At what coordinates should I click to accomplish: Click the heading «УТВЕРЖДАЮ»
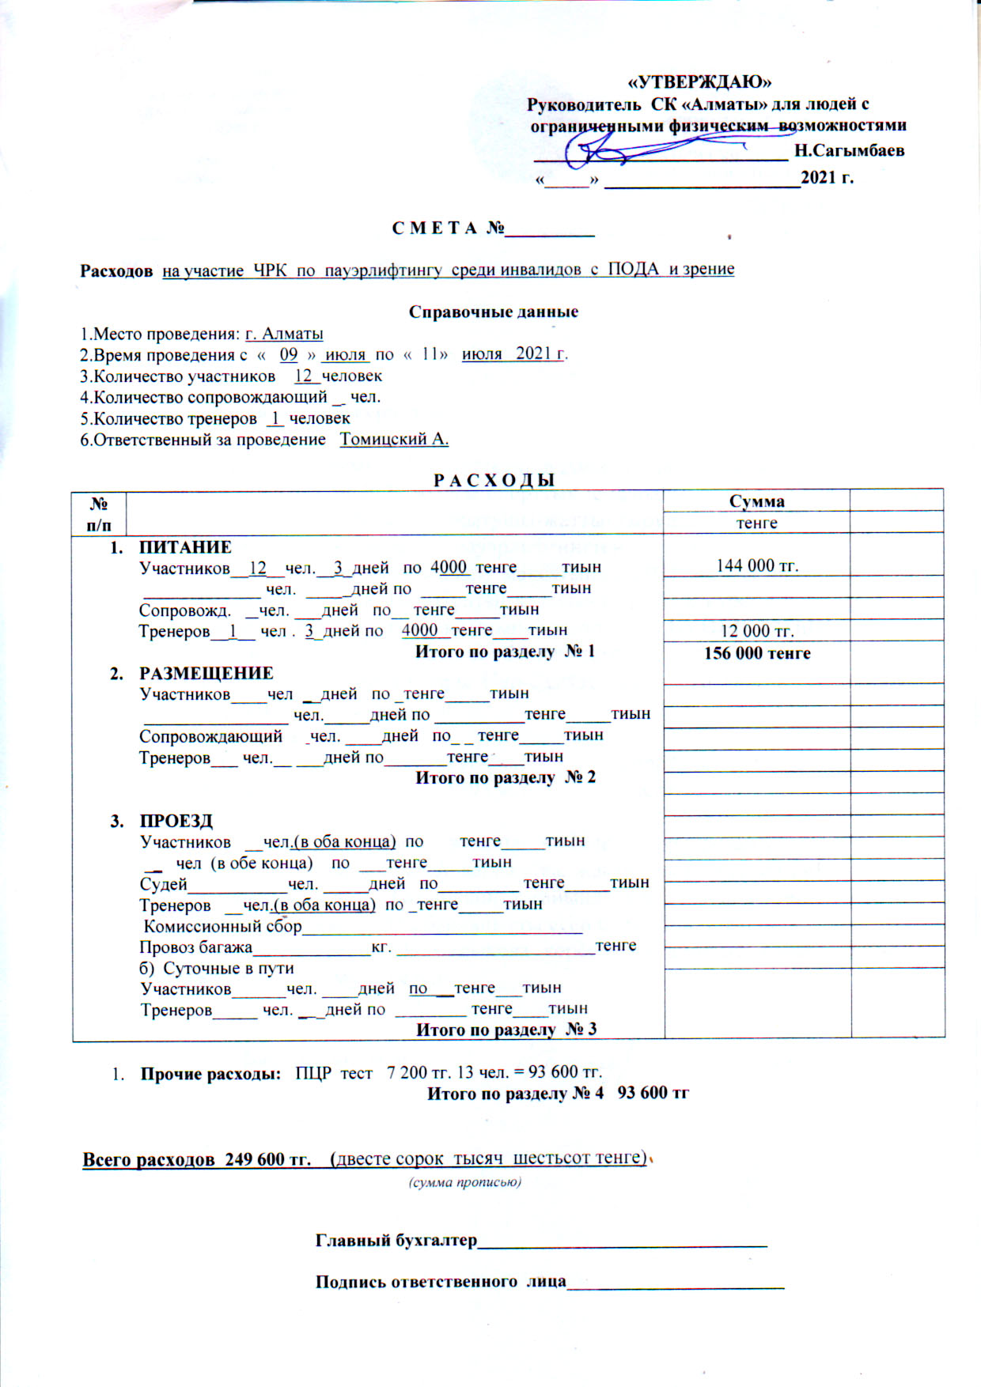699,82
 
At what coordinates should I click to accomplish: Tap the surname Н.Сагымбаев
849,150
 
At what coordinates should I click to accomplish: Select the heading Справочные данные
493,312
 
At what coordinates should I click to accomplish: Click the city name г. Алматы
284,334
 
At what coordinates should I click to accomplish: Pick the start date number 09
289,354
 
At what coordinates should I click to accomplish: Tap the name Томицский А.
394,440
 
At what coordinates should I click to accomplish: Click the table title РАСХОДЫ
494,480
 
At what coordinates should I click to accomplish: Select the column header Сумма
756,501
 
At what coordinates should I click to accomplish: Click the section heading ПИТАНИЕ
185,547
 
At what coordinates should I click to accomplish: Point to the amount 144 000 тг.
757,565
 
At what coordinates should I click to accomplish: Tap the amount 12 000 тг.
757,631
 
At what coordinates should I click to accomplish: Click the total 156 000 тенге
757,653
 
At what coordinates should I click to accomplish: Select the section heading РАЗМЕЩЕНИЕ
206,673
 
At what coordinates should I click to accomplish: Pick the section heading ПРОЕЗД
176,821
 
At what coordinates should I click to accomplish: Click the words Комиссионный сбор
222,926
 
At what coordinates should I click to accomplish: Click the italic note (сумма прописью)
464,1183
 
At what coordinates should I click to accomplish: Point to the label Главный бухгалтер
396,1240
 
